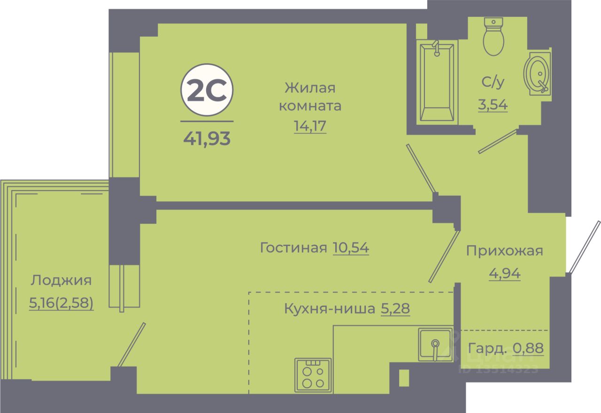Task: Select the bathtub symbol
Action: pyautogui.click(x=437, y=82)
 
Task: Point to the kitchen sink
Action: pyautogui.click(x=436, y=344)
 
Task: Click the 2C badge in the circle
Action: pyautogui.click(x=207, y=91)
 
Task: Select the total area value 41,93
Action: pyautogui.click(x=207, y=138)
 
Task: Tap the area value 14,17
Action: pyautogui.click(x=310, y=127)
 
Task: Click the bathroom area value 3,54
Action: pyautogui.click(x=493, y=104)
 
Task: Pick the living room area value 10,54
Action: pyautogui.click(x=351, y=247)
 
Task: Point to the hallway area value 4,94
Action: pyautogui.click(x=505, y=273)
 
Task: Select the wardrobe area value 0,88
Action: pyautogui.click(x=528, y=348)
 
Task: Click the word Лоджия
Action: pyautogui.click(x=61, y=281)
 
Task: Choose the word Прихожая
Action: pyautogui.click(x=504, y=251)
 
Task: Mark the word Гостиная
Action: pyautogui.click(x=293, y=248)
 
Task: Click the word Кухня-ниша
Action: pyautogui.click(x=329, y=309)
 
